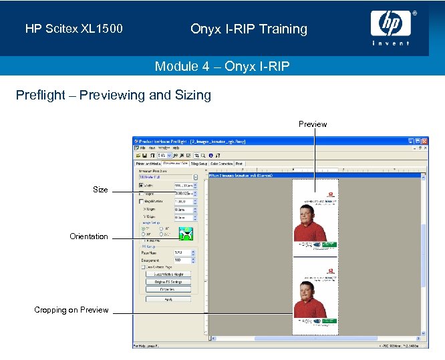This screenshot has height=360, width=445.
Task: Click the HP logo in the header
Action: (x=390, y=26)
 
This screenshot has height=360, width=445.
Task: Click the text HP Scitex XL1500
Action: (x=74, y=29)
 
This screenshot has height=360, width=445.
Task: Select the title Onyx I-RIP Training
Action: (x=249, y=29)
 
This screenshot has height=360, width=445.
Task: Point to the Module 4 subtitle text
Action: (x=222, y=66)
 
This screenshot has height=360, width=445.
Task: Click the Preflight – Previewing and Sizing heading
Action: (x=114, y=95)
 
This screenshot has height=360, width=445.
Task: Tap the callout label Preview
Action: (x=313, y=124)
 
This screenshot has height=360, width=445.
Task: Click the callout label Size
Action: (x=100, y=190)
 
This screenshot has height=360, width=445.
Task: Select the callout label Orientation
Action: (x=88, y=236)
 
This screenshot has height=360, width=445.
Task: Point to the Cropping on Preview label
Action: (x=71, y=310)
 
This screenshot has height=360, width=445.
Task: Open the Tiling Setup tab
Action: (x=199, y=163)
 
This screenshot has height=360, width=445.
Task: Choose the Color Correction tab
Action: (x=221, y=163)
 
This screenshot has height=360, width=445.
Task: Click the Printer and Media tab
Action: (x=148, y=163)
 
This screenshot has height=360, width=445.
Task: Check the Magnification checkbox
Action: (x=141, y=201)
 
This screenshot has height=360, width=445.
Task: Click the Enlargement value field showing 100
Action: (x=182, y=260)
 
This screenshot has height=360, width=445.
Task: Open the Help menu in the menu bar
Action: (x=176, y=148)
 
